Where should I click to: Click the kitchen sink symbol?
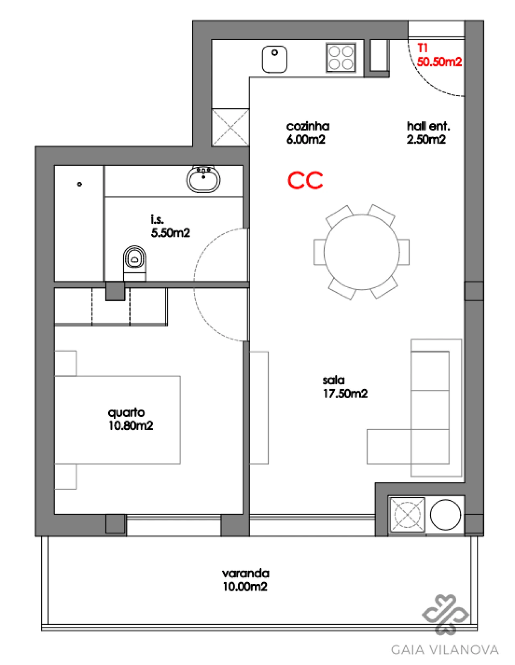click(x=275, y=60)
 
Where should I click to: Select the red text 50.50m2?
click(x=439, y=62)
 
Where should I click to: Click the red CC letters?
click(x=305, y=181)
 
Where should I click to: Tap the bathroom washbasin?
click(x=204, y=179)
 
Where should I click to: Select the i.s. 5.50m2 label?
click(x=170, y=226)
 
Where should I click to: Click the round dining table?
click(x=362, y=252)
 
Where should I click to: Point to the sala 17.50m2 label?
click(x=345, y=387)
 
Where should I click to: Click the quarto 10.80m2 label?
click(x=130, y=419)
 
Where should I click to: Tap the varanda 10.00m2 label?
click(x=245, y=580)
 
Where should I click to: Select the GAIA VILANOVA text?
click(x=445, y=650)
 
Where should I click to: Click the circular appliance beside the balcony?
click(x=445, y=515)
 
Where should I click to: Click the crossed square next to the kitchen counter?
click(x=231, y=127)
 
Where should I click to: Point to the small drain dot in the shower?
click(x=80, y=184)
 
